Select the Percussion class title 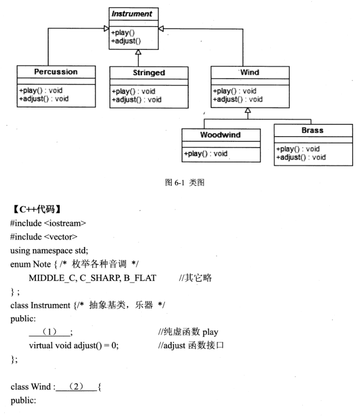(x=56, y=72)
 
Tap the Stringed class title (x=149, y=72)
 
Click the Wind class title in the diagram (x=250, y=72)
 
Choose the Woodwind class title (x=220, y=134)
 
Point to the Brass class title (x=312, y=130)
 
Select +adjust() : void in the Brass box (x=301, y=157)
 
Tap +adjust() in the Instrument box (x=126, y=41)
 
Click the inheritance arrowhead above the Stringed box (x=137, y=52)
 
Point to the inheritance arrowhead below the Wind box (x=247, y=110)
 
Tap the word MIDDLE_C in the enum (x=51, y=278)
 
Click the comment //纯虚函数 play (x=189, y=332)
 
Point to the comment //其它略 (x=195, y=278)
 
